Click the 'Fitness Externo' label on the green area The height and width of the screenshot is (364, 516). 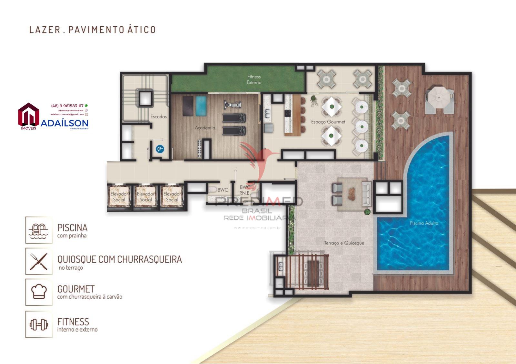coord(254,79)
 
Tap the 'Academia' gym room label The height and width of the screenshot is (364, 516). coord(205,128)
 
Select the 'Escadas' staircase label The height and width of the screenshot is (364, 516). coord(158,116)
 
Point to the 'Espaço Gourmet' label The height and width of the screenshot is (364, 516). coord(328,122)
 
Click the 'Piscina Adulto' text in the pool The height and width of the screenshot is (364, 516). coord(424,223)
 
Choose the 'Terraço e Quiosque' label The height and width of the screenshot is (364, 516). coord(344,243)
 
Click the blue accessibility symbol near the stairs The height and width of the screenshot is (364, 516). coord(160,149)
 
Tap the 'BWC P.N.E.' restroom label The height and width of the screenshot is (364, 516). coord(245,190)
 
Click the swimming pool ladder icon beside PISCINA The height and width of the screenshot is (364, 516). coord(39,230)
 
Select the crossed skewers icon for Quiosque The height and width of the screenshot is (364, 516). coord(39,261)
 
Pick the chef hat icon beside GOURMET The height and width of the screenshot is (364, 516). coord(39,292)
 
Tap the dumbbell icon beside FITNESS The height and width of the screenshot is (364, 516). coord(39,324)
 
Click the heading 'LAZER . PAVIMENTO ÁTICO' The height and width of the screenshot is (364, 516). coord(92,30)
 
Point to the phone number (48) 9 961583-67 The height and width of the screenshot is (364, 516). coord(67,106)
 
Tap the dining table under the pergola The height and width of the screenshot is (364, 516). coord(313,273)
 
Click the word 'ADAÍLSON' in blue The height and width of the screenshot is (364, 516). coord(64,123)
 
